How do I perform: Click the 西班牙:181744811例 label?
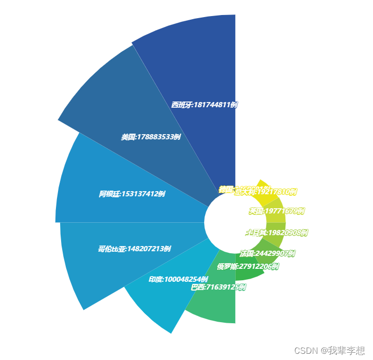coord(204,105)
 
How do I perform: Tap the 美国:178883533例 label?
coord(151,137)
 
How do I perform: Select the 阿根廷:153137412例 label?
coord(132,194)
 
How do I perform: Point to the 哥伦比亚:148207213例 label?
coord(134,249)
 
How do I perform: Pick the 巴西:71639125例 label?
coord(218,287)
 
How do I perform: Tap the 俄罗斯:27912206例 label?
coord(248,267)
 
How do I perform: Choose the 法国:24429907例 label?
coord(267,253)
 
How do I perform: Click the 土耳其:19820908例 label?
coord(277,233)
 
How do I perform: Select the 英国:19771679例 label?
coord(276,211)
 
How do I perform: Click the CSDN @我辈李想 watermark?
coord(329,351)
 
